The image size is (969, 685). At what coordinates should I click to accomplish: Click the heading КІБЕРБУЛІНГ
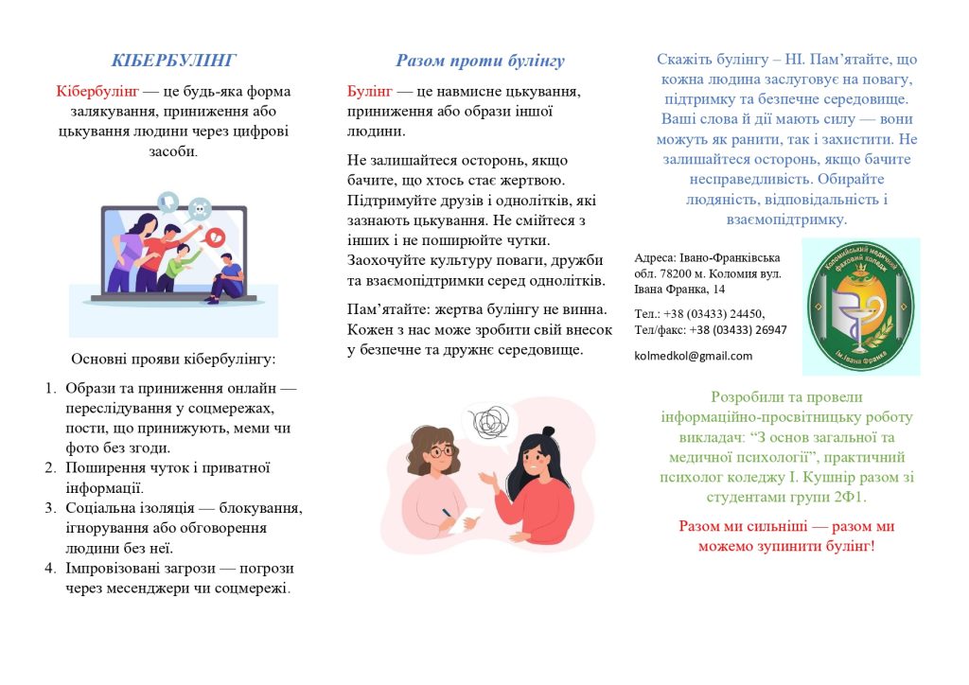coord(174,61)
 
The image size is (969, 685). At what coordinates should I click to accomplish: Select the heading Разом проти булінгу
coord(480,61)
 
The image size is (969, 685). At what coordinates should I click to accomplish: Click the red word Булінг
coord(369,91)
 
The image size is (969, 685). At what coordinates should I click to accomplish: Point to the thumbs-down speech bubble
coord(168,201)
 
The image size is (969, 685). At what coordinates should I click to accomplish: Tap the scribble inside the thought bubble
coord(490,421)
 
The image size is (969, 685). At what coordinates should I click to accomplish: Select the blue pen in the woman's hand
coord(445,515)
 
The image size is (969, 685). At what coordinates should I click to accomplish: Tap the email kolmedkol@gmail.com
coord(694,356)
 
